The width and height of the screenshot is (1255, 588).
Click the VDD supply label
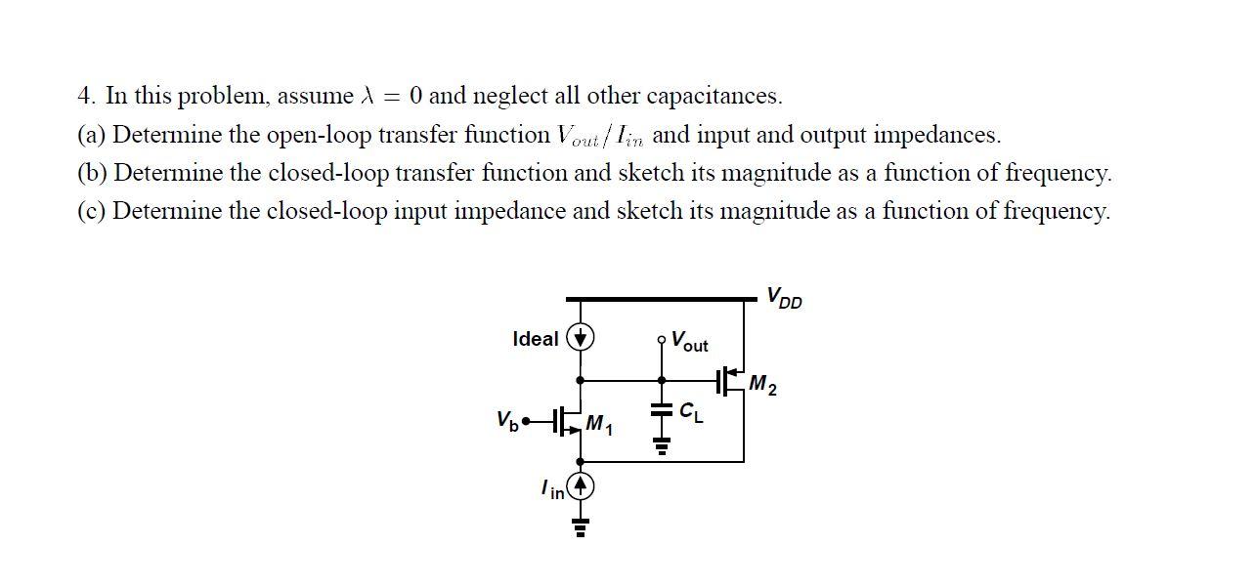784,297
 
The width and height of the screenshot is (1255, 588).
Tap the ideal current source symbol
582,338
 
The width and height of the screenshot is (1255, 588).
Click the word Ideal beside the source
536,339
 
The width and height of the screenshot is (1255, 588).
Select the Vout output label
689,343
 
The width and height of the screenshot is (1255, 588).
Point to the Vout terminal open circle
662,340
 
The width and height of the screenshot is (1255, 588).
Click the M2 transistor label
762,386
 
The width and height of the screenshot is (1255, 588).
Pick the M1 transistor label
598,424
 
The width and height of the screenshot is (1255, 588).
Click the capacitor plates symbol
662,411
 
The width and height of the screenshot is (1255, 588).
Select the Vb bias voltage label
506,421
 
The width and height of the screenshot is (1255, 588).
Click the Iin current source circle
582,485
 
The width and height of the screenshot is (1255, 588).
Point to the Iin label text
552,489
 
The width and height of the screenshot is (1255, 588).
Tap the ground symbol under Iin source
582,528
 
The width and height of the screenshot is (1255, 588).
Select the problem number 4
86,96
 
